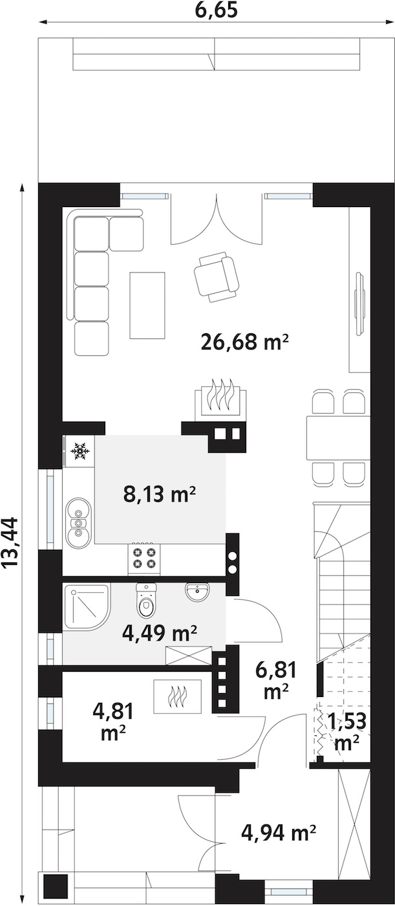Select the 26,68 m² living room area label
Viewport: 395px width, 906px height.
coord(244,342)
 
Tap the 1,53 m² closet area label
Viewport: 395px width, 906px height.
coord(347,731)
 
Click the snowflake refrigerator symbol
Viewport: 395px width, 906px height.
coord(80,449)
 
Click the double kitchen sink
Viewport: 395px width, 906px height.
coord(79,523)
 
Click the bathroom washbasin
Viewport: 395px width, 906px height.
coord(197,591)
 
